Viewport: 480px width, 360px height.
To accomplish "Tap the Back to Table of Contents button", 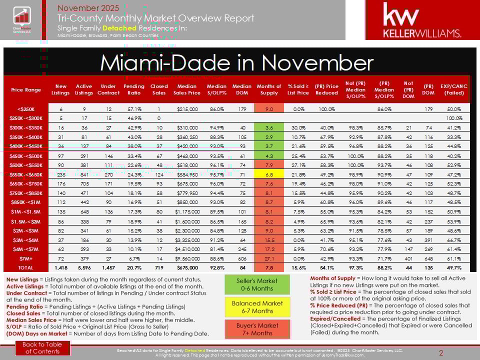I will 43,348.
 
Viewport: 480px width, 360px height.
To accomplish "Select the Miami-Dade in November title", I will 236,62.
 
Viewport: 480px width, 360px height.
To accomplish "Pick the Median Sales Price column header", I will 187,90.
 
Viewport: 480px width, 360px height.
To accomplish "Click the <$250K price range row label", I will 25,109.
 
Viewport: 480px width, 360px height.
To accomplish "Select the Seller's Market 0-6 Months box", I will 257,284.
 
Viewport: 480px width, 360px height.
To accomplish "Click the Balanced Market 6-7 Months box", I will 257,307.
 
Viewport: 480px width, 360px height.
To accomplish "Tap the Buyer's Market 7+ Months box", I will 257,329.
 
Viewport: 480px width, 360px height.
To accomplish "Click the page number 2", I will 441,353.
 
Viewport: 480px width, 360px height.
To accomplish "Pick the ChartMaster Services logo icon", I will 21,20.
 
